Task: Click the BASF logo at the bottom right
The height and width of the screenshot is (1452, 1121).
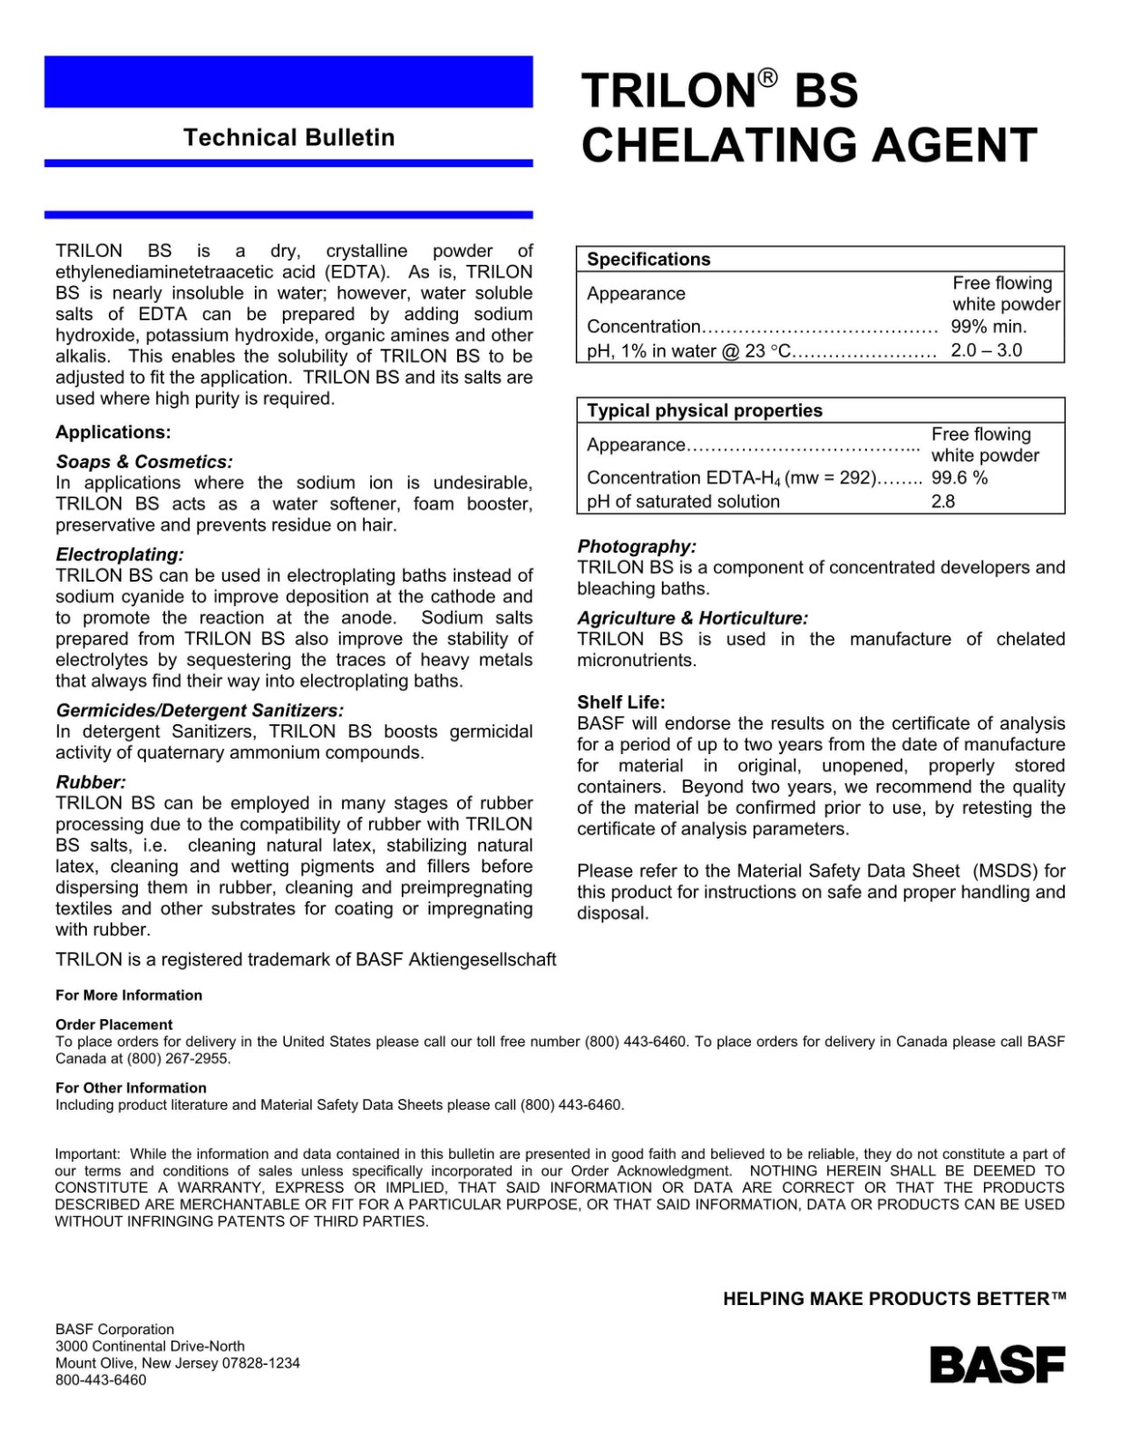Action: [997, 1365]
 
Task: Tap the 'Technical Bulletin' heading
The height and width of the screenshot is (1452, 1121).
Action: [288, 138]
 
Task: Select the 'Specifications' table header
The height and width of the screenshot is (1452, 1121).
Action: [648, 260]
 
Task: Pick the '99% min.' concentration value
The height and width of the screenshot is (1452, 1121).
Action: [989, 327]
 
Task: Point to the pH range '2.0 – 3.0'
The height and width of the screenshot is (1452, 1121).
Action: [986, 350]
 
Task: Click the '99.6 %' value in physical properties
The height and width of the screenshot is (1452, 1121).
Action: [959, 478]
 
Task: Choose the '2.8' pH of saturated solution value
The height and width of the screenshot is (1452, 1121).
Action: [942, 502]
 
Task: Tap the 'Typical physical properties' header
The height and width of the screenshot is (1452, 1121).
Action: [704, 411]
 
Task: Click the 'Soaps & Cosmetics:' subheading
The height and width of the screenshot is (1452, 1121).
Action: [144, 462]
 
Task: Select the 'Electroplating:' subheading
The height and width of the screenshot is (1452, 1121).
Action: [120, 554]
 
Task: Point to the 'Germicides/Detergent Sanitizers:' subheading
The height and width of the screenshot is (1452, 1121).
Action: [200, 711]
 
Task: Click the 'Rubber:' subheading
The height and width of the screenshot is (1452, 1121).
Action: [91, 782]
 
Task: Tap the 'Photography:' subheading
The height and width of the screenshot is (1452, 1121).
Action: [637, 546]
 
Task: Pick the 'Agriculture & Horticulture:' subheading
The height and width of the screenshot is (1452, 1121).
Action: [692, 618]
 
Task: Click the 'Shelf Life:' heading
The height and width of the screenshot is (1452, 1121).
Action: [621, 702]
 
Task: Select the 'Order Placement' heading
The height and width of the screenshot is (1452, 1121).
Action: [113, 1025]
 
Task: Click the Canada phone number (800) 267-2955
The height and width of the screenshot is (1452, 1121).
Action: [179, 1059]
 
